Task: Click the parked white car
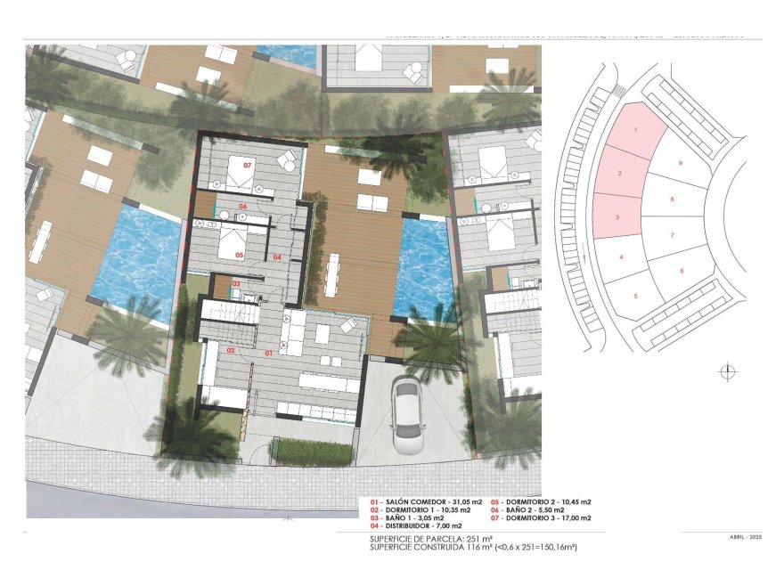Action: (x=406, y=415)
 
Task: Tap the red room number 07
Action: (x=248, y=166)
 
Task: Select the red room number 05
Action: (x=240, y=255)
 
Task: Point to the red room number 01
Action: (x=269, y=353)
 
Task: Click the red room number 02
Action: (x=230, y=351)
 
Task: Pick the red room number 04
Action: (x=278, y=257)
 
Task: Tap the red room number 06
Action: (x=241, y=207)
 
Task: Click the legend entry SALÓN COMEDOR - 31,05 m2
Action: (x=419, y=502)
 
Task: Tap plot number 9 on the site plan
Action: (x=680, y=163)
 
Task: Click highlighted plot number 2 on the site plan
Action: (x=619, y=173)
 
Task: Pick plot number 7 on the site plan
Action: (x=672, y=235)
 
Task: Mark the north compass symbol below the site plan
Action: (x=728, y=370)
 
